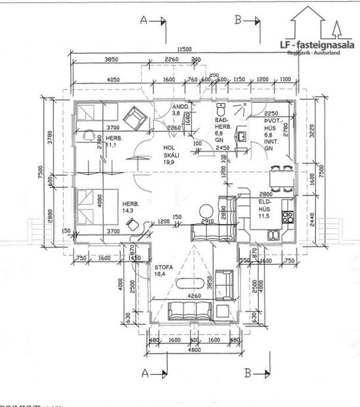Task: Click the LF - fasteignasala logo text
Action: coord(317,45)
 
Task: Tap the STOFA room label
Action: coord(163,272)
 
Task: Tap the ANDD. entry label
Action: coord(180,110)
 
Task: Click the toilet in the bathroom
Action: coord(221,108)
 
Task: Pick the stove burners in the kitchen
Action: coord(287,216)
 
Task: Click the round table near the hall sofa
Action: coord(207,211)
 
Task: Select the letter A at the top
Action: coord(144,20)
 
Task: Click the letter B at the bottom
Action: coord(248,374)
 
